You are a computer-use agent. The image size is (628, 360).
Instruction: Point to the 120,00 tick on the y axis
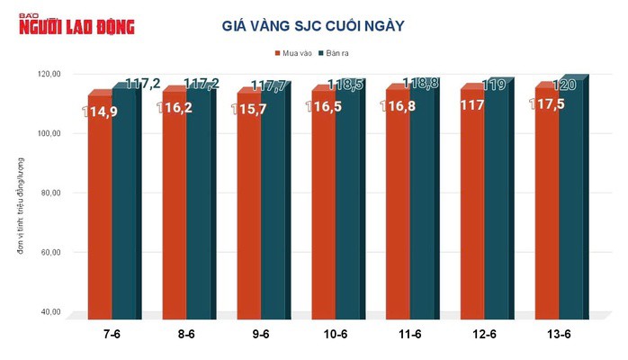[x=47, y=74]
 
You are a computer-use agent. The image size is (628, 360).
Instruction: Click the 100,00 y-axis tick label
[x=47, y=133]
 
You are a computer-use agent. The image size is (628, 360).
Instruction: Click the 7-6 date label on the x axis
[x=112, y=335]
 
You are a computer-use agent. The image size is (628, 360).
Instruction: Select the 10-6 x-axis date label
[x=335, y=335]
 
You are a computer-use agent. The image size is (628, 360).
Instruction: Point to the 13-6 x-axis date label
[x=558, y=335]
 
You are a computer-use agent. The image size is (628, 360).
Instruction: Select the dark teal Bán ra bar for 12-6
[x=497, y=207]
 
